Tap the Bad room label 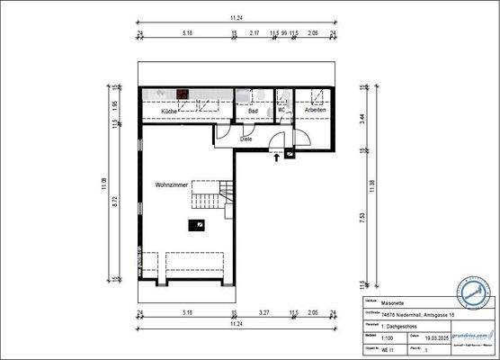[254, 111]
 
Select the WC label [281, 111]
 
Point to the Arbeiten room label [315, 111]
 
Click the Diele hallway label [246, 139]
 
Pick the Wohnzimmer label [171, 184]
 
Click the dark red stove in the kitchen [183, 92]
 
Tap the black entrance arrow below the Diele [276, 156]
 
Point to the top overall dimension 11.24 [236, 17]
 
